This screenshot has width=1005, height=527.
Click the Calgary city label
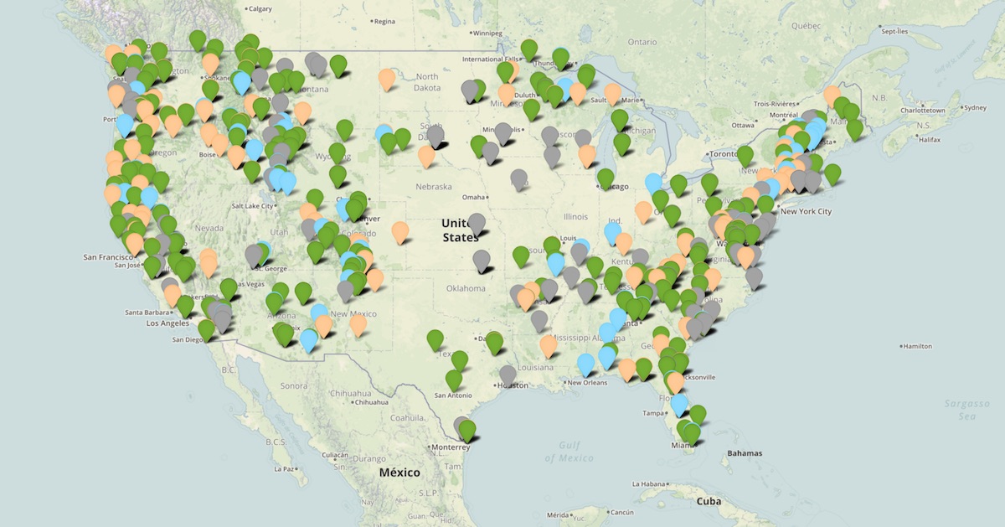pos(261,8)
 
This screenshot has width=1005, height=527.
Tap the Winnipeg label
pos(487,34)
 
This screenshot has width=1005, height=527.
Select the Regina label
pos(385,21)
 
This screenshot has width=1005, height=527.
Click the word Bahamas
pos(745,453)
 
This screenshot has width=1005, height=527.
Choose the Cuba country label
pos(709,501)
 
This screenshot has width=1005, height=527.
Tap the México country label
pos(399,473)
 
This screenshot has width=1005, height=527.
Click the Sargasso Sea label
pos(966,410)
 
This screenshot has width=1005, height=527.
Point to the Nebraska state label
pos(434,187)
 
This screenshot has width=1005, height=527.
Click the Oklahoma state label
pos(466,288)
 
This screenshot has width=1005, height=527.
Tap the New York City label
pos(806,211)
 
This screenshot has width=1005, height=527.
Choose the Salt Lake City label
pos(244,206)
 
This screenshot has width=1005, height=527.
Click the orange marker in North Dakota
pos(387,79)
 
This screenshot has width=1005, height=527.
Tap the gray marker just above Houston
pos(508,375)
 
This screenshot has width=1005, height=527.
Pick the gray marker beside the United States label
pos(477,224)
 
